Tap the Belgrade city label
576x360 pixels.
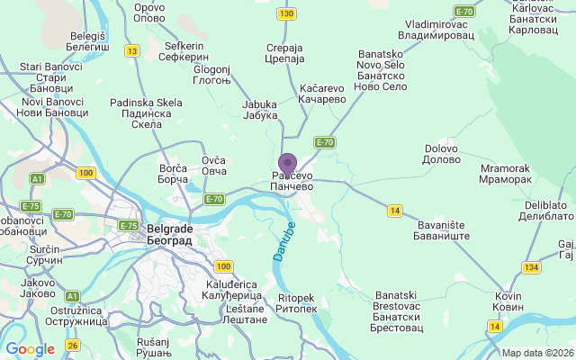pyautogui.click(x=168, y=234)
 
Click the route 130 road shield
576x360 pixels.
pyautogui.click(x=287, y=13)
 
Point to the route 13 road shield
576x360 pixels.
pyautogui.click(x=132, y=51)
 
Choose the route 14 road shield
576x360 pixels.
pyautogui.click(x=394, y=211)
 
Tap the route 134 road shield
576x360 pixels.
pyautogui.click(x=531, y=266)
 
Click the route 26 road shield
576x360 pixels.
pyautogui.click(x=73, y=344)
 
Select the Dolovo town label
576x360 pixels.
pyautogui.click(x=441, y=153)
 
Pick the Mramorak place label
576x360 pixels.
pyautogui.click(x=506, y=174)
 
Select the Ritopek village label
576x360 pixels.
pyautogui.click(x=297, y=303)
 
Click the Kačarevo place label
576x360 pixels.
pyautogui.click(x=322, y=94)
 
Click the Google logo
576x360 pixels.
pyautogui.click(x=30, y=349)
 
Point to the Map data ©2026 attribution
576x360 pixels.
pyautogui.click(x=537, y=353)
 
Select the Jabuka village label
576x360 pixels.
pyautogui.click(x=260, y=110)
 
